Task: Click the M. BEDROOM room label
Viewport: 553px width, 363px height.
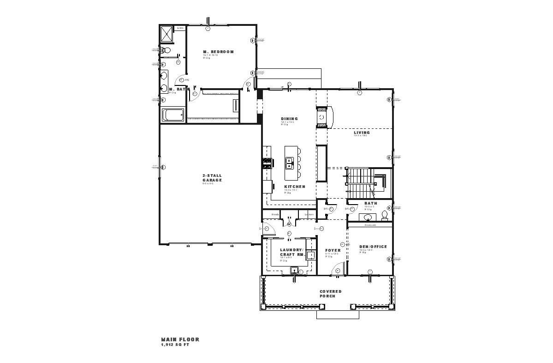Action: (x=219, y=51)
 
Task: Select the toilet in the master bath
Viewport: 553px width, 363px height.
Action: (x=166, y=50)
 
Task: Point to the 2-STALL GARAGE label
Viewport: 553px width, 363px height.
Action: (x=212, y=177)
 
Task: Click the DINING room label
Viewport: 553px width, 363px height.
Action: (x=290, y=119)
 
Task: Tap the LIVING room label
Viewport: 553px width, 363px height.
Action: (x=362, y=133)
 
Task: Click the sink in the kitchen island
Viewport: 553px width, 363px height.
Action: (x=289, y=162)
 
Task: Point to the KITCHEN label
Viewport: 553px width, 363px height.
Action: (x=294, y=187)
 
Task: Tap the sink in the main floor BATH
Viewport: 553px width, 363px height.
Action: (x=368, y=217)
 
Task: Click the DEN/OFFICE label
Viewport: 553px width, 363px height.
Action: (x=373, y=247)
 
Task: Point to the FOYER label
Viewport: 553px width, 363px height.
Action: (x=333, y=250)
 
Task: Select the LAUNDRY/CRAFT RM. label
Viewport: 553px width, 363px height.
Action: (x=291, y=252)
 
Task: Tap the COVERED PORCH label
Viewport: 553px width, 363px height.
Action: (x=331, y=293)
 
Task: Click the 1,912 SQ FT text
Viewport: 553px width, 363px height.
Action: (x=175, y=345)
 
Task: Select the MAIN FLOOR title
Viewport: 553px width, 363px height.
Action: (x=180, y=339)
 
